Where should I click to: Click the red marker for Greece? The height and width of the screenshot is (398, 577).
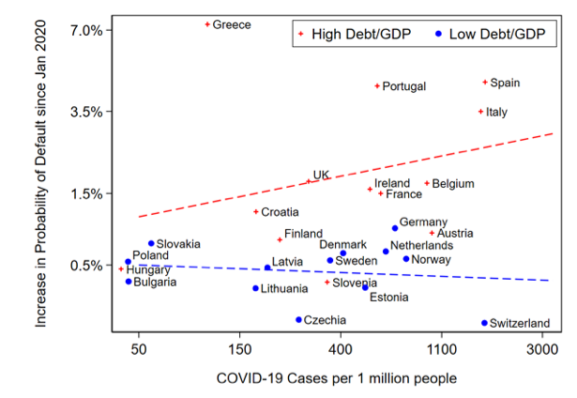[x=207, y=23]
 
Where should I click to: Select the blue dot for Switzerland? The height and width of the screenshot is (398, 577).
[x=484, y=323]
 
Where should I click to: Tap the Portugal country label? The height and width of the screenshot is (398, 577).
[x=404, y=86]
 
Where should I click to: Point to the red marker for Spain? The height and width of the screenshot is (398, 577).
[x=485, y=83]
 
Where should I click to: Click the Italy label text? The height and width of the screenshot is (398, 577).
[x=496, y=113]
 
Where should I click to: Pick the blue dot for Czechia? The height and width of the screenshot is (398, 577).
[x=298, y=319]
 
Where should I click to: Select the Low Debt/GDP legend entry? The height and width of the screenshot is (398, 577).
[x=491, y=34]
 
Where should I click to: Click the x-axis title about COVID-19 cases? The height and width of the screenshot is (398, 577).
[x=336, y=378]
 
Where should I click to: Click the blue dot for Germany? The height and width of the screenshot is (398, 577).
[x=395, y=228]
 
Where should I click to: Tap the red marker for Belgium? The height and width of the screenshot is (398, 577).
[x=427, y=184]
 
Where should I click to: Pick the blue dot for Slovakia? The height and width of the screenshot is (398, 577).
[x=150, y=243]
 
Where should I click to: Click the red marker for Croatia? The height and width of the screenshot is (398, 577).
[x=255, y=212]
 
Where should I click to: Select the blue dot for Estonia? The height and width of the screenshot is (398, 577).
[x=365, y=286]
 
